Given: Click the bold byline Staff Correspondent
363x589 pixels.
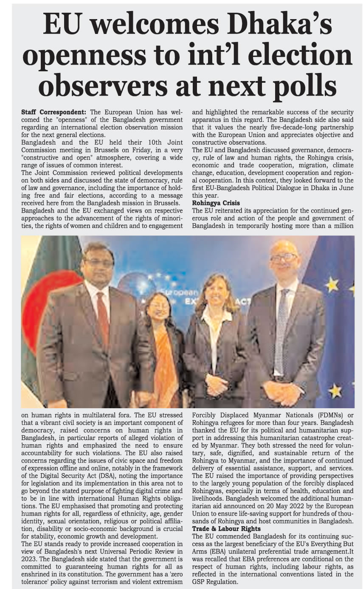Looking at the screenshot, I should click(x=53, y=112).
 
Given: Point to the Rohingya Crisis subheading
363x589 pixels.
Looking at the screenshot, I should click(x=216, y=203).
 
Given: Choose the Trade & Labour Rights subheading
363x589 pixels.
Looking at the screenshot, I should click(x=226, y=529).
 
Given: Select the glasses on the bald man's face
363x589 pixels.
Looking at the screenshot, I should click(x=283, y=258).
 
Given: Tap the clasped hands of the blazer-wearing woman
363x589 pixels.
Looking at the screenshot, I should click(x=217, y=384).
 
